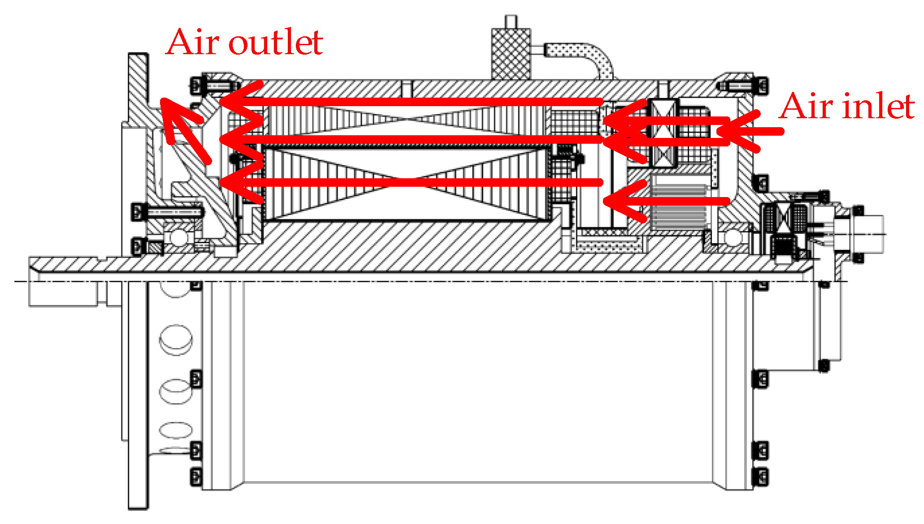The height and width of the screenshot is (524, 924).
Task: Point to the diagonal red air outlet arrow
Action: coord(184,128)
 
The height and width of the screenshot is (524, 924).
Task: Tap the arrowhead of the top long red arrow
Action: coord(238,102)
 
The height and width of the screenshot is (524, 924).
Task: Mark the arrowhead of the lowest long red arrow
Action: coord(238,182)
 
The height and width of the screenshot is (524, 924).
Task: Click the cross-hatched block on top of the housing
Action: coord(511,54)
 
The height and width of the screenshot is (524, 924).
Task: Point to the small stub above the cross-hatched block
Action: coord(511,22)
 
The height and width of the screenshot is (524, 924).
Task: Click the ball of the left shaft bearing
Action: coord(178,237)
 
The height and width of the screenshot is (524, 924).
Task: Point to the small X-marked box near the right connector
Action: coord(783,218)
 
